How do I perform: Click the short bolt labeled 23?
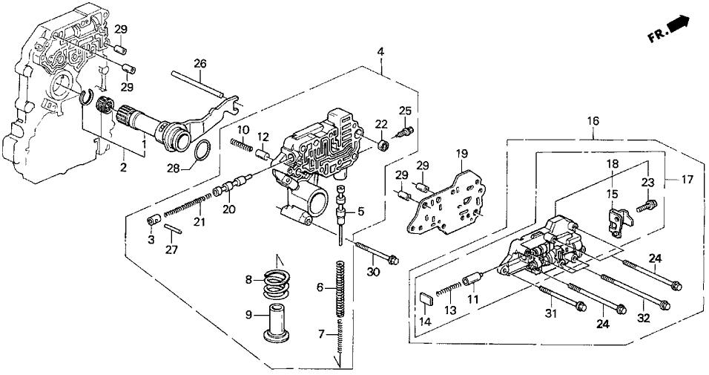pos(648,200)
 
